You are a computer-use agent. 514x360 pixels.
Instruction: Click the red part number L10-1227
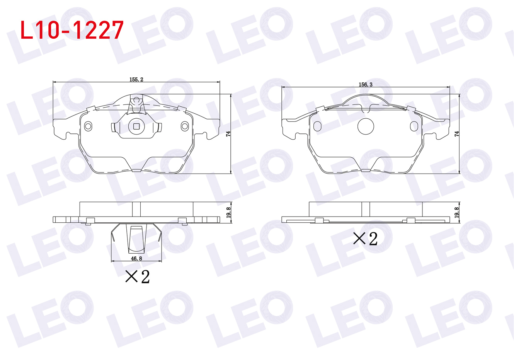tap(72, 30)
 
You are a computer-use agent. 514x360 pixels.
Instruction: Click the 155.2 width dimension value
tap(136, 79)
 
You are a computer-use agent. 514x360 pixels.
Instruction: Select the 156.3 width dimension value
tap(366, 84)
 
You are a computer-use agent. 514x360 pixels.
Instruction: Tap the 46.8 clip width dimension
tap(136, 259)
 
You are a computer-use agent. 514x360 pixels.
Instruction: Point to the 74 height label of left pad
tap(228, 134)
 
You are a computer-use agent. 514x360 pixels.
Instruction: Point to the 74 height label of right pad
tap(457, 134)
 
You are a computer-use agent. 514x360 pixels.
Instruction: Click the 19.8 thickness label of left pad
tap(228, 212)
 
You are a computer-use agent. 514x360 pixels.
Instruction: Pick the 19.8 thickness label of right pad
tap(457, 212)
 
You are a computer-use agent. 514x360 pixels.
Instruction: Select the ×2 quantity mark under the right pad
tap(366, 239)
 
